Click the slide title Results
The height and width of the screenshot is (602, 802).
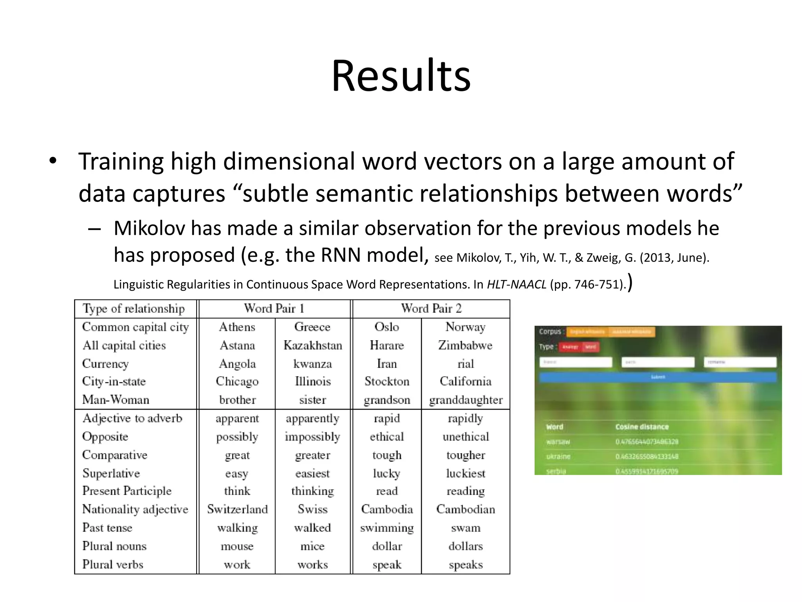(x=401, y=76)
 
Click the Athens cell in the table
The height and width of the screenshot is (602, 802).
(x=237, y=327)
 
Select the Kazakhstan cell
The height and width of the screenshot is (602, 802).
(x=312, y=345)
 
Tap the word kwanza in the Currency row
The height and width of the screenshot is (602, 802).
(x=312, y=364)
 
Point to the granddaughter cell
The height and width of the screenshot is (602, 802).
(x=466, y=400)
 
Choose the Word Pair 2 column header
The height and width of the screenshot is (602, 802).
(x=431, y=308)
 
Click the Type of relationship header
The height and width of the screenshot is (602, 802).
(x=134, y=309)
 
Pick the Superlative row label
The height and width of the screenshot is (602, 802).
(x=111, y=473)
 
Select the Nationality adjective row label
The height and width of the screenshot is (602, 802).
(x=135, y=509)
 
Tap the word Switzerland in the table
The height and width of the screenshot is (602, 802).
(x=237, y=509)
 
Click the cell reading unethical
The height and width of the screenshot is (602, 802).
(x=466, y=437)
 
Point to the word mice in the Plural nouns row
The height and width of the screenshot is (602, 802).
(x=312, y=546)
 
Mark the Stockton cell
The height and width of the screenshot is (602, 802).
(x=387, y=381)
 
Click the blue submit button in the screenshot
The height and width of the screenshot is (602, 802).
(x=658, y=377)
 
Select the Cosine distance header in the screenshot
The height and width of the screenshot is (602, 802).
(x=642, y=427)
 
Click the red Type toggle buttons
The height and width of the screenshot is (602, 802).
(x=579, y=347)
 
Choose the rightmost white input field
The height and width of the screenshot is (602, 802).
(x=740, y=362)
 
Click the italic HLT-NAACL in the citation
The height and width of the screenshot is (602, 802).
(x=516, y=284)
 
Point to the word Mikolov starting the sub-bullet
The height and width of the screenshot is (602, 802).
(x=149, y=228)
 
